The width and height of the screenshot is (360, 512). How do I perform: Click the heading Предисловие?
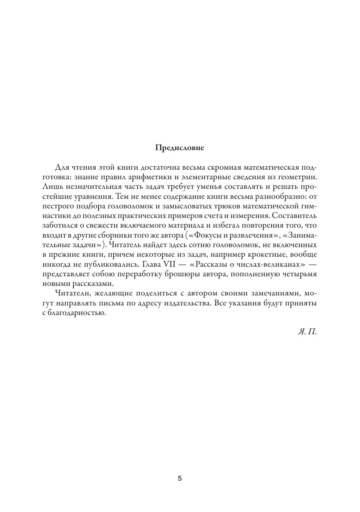coord(180,148)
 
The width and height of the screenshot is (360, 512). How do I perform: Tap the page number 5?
coord(180,479)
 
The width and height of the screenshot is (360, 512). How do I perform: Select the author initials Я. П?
coord(307,331)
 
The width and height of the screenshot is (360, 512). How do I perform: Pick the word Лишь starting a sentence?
coord(51,186)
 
